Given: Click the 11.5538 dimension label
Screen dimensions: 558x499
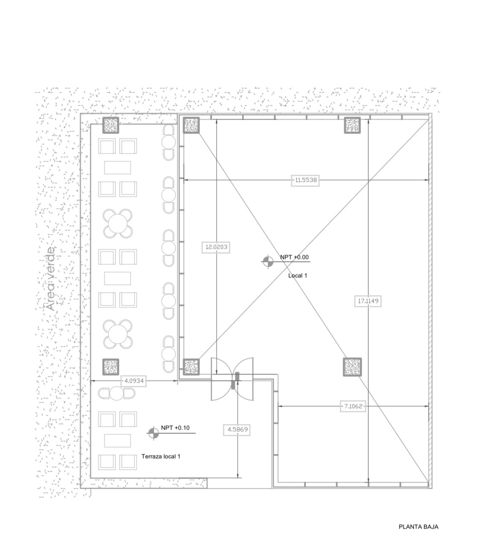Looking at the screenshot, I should (x=306, y=180).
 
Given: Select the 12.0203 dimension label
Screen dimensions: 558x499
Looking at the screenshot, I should (x=217, y=247).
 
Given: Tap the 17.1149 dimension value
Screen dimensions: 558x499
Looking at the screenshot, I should (x=368, y=301).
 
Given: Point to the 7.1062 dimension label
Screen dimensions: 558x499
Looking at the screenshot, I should (x=353, y=406).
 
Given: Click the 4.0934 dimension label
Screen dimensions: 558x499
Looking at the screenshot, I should (x=134, y=381).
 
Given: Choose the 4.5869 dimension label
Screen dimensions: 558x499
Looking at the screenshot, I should (x=237, y=430).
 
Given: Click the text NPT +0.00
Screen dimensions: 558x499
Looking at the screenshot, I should (x=294, y=257).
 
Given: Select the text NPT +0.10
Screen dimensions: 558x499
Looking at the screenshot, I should (x=175, y=428).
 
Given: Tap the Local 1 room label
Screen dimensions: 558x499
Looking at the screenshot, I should (x=298, y=276).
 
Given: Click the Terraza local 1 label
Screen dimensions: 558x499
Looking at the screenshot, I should (x=161, y=457).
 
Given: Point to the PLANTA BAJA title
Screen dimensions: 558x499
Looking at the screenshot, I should (x=418, y=527).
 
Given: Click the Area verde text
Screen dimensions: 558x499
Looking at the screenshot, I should (x=51, y=279).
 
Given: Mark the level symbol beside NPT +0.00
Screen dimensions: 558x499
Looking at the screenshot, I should (x=267, y=262).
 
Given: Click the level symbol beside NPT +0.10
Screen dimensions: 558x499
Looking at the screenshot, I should (x=153, y=433).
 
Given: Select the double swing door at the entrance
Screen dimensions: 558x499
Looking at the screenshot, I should (x=232, y=379).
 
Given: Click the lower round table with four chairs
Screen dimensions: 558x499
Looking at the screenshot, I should (x=117, y=333).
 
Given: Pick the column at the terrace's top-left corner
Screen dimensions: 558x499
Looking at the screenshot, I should (x=111, y=125).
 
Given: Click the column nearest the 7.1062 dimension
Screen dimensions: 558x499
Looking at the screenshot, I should (x=352, y=367).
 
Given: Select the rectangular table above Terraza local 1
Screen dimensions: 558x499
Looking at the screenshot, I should (x=117, y=440).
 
